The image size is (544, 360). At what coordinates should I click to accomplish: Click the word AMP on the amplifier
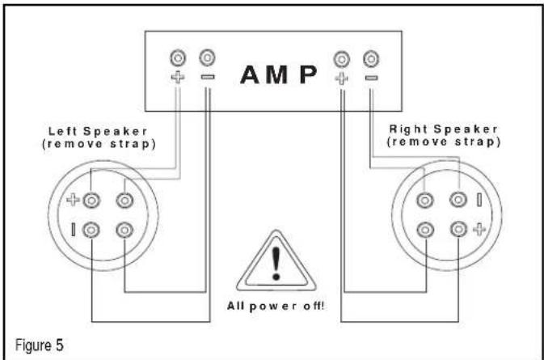279,74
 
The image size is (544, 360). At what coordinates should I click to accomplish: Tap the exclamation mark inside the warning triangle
276,263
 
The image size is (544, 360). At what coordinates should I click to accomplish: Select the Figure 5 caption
40,345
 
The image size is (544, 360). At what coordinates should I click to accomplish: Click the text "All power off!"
276,306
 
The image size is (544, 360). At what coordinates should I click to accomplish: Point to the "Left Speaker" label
98,131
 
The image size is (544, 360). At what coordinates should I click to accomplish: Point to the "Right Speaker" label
444,129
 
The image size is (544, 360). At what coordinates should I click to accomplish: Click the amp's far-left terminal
178,58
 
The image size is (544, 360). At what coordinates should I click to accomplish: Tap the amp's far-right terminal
371,59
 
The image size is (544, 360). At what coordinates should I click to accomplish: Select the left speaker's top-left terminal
91,201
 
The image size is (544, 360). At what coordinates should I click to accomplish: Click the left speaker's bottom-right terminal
124,230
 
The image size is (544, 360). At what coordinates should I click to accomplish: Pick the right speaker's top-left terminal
425,201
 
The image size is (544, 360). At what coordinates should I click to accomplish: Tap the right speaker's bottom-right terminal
458,229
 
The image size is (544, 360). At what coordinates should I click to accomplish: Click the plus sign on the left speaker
73,200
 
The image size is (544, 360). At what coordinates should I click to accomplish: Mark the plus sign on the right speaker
479,230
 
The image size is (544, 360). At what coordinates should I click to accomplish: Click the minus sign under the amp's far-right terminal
371,78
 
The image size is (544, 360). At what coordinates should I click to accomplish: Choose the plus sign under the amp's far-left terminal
178,77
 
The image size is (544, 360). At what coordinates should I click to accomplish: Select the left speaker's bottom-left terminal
91,230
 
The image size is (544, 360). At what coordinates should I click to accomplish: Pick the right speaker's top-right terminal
458,200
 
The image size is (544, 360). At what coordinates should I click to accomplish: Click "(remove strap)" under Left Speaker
99,144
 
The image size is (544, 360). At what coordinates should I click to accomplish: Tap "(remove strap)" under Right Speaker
444,142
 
